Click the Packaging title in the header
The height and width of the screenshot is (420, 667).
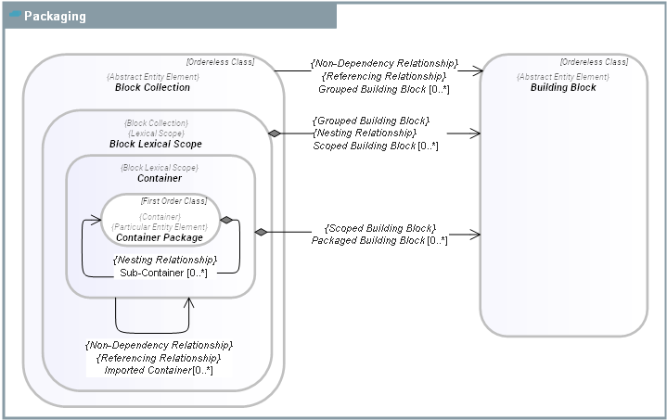(x=55, y=17)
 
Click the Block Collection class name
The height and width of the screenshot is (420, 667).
(x=152, y=88)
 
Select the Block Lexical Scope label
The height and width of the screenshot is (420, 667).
(x=155, y=145)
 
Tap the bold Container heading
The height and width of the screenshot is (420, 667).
(x=160, y=178)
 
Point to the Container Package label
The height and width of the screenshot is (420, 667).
(x=160, y=237)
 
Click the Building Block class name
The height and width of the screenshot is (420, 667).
(x=563, y=88)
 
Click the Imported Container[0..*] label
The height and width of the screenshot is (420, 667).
(x=158, y=371)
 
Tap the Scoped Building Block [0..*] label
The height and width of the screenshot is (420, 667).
(x=376, y=146)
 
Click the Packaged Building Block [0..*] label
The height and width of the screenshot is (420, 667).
(x=379, y=240)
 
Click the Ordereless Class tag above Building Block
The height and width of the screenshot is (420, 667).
(x=594, y=62)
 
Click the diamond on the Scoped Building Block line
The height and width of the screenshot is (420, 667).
(x=275, y=134)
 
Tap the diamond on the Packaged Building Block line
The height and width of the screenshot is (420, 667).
(x=262, y=231)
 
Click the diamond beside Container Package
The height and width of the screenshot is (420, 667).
(x=225, y=220)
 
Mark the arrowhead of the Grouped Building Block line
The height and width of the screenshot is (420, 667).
(x=478, y=70)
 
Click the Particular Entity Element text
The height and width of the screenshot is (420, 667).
(x=159, y=226)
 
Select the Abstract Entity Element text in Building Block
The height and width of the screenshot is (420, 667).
(x=563, y=76)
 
